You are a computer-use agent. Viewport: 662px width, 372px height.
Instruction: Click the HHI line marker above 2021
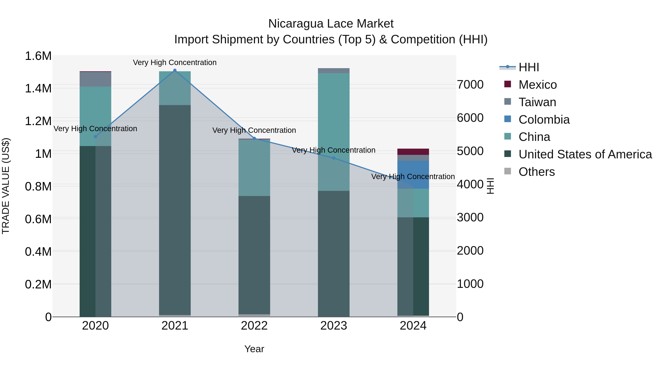(x=175, y=70)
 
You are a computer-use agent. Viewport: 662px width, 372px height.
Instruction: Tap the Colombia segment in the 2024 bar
(x=413, y=175)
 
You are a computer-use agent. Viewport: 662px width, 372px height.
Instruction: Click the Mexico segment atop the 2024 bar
(x=413, y=152)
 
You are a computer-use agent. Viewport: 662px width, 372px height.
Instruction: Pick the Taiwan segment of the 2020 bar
(x=95, y=79)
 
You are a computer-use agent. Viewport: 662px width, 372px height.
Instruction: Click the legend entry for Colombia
(x=544, y=120)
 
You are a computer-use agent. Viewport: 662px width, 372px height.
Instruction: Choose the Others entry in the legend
(x=536, y=172)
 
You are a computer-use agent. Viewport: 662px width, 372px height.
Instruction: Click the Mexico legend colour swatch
(x=508, y=84)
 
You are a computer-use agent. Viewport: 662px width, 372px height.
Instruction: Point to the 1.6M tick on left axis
(x=38, y=56)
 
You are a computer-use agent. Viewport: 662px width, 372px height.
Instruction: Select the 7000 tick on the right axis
(x=470, y=85)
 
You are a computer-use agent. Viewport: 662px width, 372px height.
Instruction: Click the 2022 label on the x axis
(x=254, y=326)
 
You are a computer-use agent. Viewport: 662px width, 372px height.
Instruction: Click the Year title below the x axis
(x=254, y=349)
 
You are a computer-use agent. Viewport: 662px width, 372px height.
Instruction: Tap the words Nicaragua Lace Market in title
(x=331, y=24)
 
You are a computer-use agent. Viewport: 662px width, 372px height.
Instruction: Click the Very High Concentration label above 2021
(x=175, y=62)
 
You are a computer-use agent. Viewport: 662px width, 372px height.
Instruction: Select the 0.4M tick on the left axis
(x=38, y=252)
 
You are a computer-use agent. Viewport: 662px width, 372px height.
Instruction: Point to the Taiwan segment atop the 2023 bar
(x=334, y=71)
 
